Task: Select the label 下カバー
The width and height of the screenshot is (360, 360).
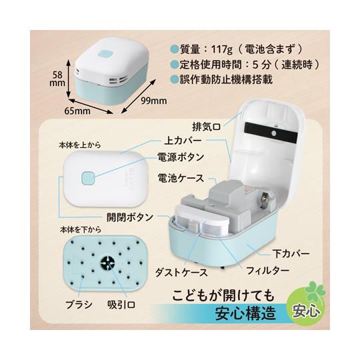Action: (x=291, y=254)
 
